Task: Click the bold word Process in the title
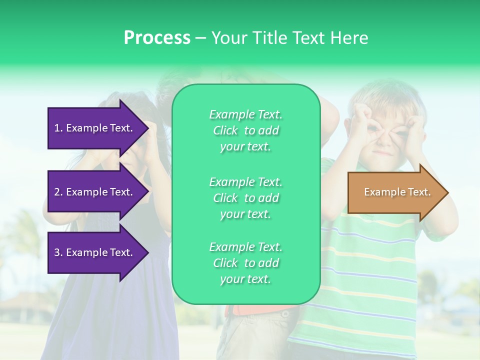coord(157,38)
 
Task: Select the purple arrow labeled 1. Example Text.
coord(95,128)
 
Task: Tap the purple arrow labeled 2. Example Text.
coord(95,192)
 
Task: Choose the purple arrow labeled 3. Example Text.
coord(95,252)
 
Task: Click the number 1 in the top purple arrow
coord(57,128)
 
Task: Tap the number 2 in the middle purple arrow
coord(57,192)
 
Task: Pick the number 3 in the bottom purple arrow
coord(57,252)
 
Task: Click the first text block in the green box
coord(245,130)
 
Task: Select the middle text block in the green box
coord(245,198)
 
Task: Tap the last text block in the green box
coord(245,263)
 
